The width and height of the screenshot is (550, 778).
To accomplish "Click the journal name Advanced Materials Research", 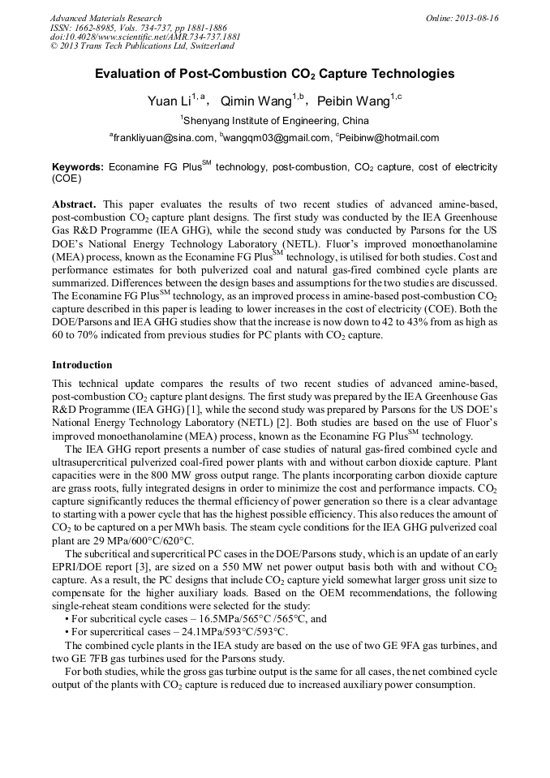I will pos(105,18).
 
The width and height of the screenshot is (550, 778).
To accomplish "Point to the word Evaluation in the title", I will pos(128,74).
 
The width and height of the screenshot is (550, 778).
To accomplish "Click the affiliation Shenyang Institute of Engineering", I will pos(276,120).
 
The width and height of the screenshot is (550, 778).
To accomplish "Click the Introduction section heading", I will pos(82,365).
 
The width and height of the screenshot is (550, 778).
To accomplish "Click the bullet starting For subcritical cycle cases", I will pos(195,618).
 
